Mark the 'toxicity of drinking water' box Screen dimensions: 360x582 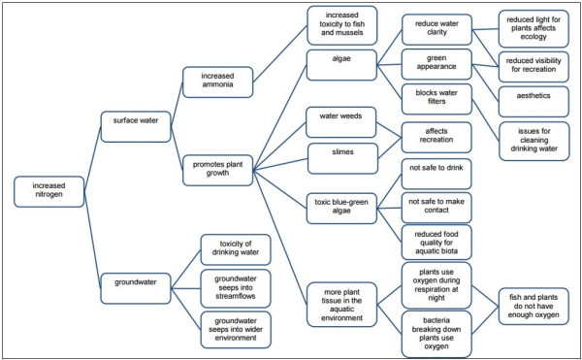(236, 249)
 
